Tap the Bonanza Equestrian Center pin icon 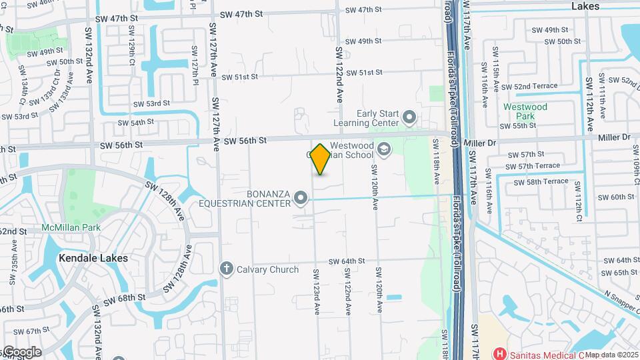pos(301,197)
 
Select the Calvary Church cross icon pos(227,269)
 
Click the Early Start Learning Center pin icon pos(409,119)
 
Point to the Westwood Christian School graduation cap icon pos(383,149)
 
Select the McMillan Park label pos(70,227)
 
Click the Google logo pos(21,352)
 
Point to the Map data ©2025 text pos(611,355)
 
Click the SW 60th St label pos(615,197)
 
